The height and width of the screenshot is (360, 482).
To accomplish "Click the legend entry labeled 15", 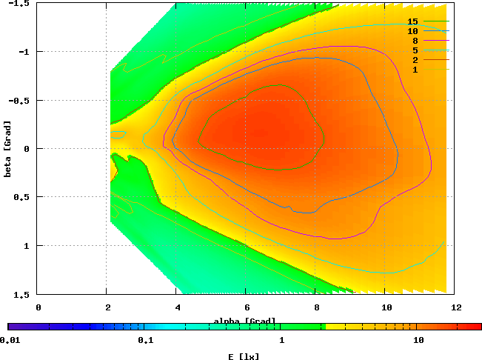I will tap(412, 22).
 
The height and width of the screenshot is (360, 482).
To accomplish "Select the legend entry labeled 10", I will tap(412, 32).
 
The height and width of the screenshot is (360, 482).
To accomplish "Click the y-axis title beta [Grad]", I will tap(7, 148).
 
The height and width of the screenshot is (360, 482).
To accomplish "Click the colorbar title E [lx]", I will tap(244, 356).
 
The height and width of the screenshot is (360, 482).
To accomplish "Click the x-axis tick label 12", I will tap(455, 306).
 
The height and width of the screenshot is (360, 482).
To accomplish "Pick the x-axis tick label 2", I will tap(107, 306).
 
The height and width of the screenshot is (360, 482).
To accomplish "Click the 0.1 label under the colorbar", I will tap(144, 341).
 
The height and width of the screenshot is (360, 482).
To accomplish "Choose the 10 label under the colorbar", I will tap(418, 341).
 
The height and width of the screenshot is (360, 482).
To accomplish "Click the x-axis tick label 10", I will tap(386, 306).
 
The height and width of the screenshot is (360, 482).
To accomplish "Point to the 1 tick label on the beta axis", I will tap(28, 245).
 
